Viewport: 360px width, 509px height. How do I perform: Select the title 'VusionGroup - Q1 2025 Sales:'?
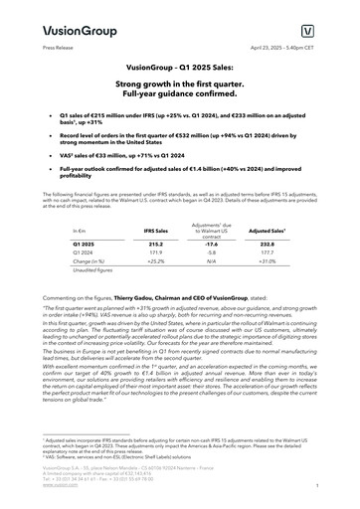click(180, 67)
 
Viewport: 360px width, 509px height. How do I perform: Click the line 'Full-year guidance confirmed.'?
click(180, 96)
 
